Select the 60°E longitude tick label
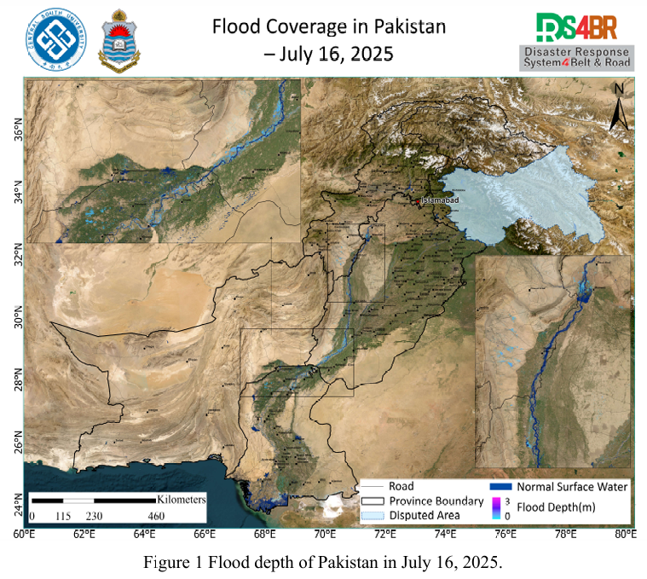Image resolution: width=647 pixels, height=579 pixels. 24,535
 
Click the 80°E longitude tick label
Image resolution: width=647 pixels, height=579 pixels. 625,535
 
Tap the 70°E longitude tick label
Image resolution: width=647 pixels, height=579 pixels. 324,535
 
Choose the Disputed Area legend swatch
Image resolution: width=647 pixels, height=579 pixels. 373,515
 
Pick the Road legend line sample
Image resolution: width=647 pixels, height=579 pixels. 373,486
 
